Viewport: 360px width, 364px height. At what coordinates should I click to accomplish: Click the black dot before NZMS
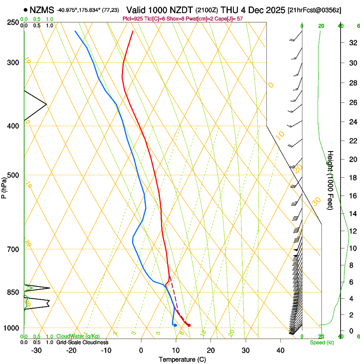click(x=26, y=10)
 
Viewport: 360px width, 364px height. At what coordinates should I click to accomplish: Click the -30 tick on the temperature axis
click(x=36, y=350)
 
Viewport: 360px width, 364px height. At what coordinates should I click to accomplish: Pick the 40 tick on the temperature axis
click(x=280, y=350)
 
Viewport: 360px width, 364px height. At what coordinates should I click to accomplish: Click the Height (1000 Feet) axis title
click(x=330, y=180)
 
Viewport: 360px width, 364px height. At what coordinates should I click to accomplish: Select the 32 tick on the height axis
click(x=352, y=43)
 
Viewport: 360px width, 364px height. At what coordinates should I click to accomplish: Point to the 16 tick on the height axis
click(x=352, y=196)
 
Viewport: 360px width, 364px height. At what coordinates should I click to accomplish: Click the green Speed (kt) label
click(x=321, y=342)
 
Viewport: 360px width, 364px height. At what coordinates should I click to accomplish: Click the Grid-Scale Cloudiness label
click(x=82, y=342)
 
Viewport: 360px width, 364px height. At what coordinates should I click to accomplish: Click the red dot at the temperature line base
click(x=189, y=325)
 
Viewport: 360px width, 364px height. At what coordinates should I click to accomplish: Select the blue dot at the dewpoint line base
click(x=175, y=325)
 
